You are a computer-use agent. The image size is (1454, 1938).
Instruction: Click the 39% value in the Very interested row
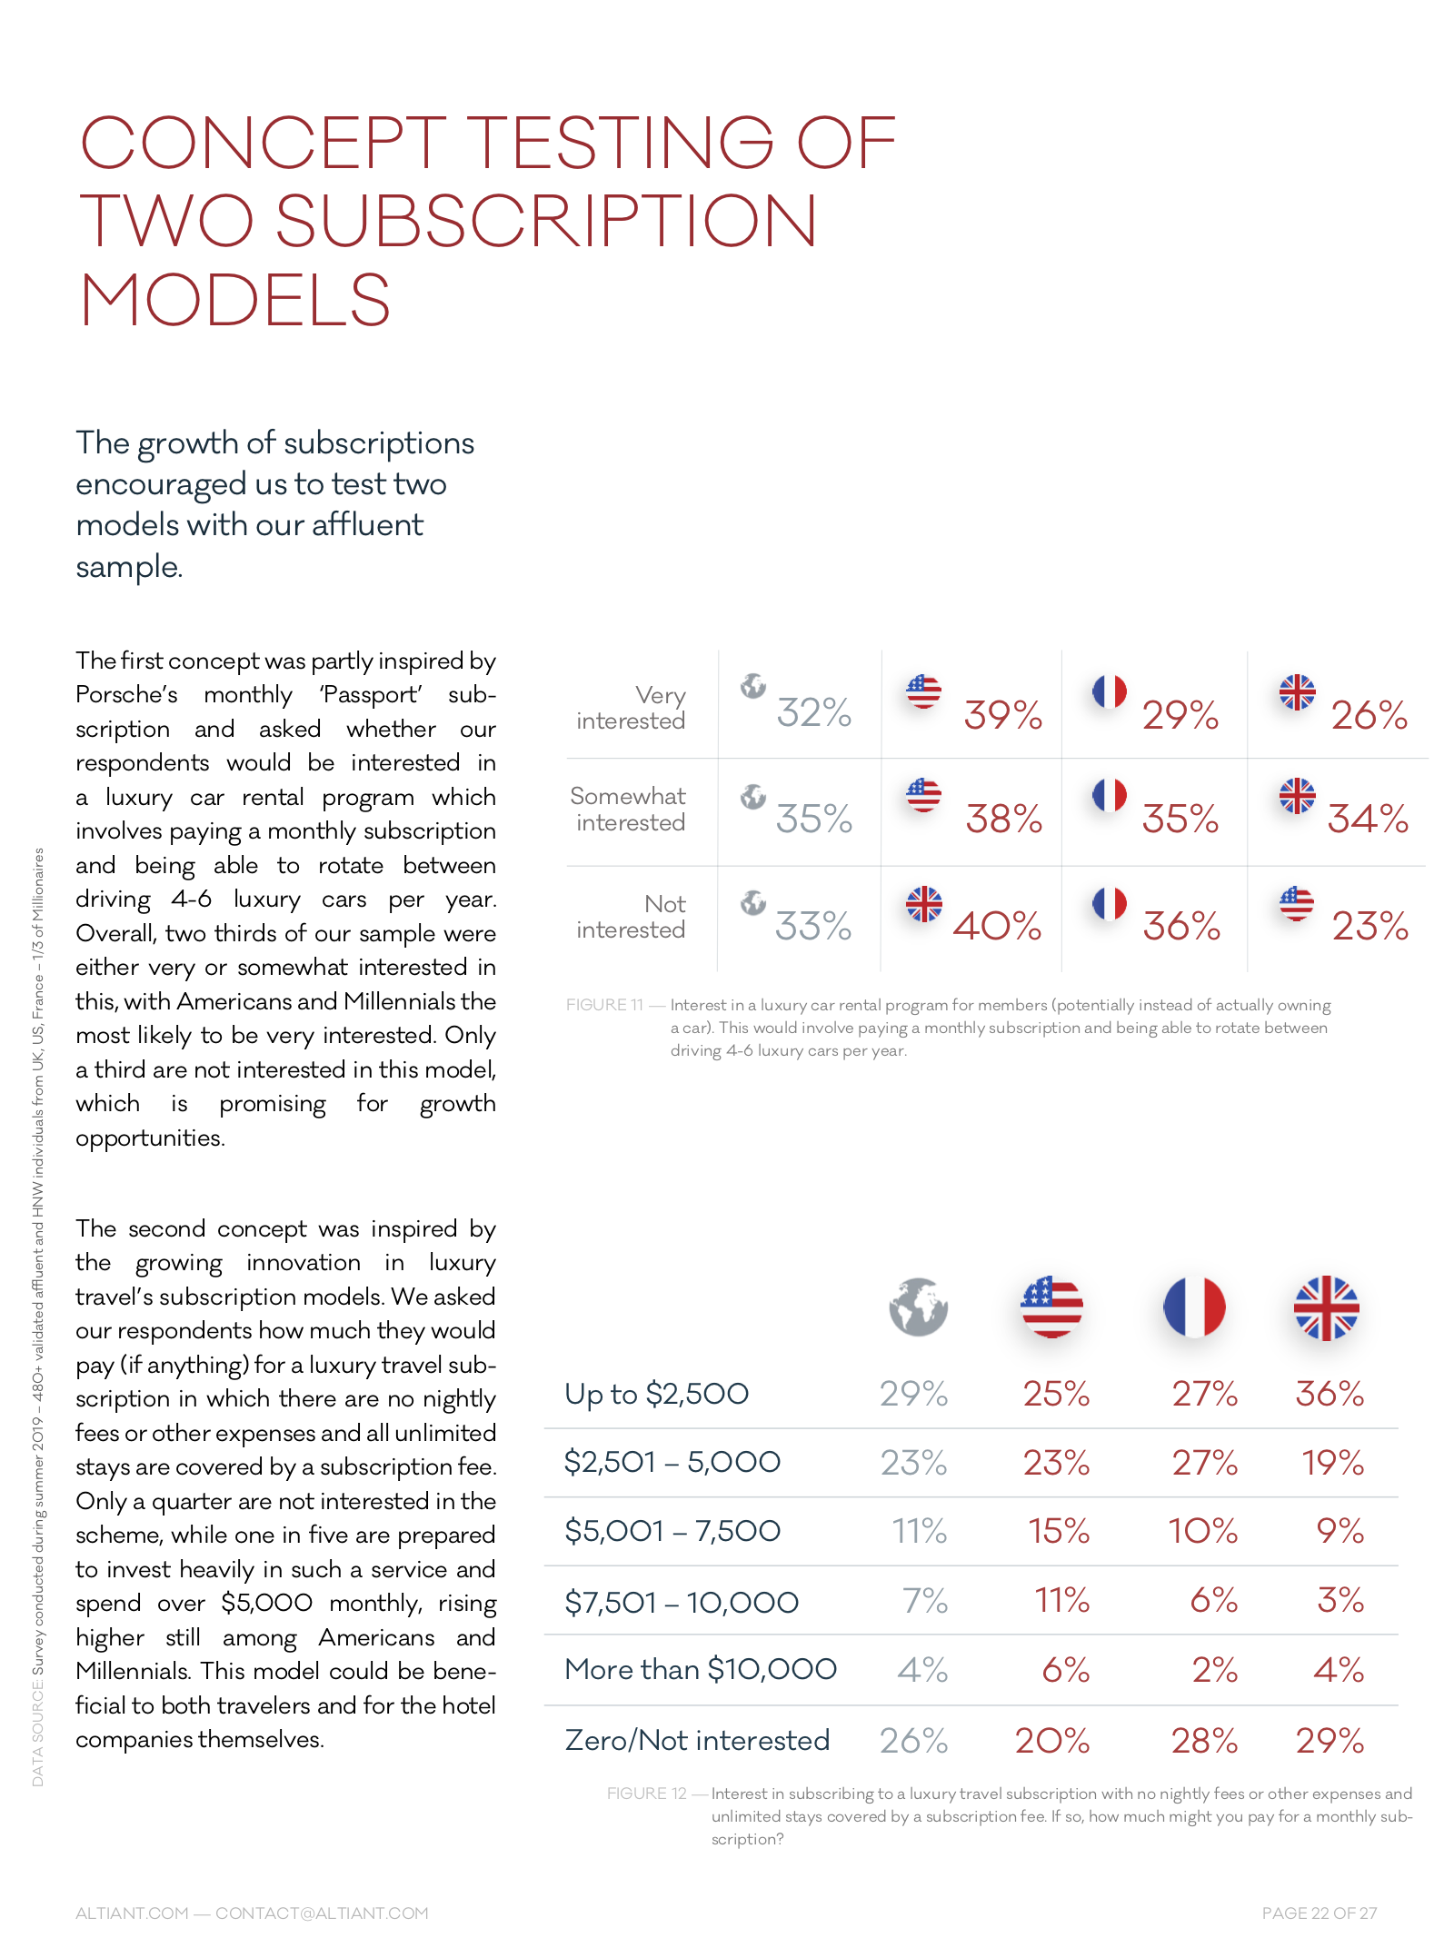click(x=1002, y=715)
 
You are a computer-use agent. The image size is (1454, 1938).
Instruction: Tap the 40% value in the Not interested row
click(x=997, y=926)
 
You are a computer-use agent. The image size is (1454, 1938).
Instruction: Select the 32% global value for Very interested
click(x=813, y=713)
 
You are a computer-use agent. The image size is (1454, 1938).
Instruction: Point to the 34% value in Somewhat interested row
click(x=1368, y=819)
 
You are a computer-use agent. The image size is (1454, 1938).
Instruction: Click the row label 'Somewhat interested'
click(x=629, y=809)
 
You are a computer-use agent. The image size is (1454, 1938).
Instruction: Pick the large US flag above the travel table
click(x=1051, y=1307)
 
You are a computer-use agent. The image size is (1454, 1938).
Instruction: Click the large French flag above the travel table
click(x=1194, y=1307)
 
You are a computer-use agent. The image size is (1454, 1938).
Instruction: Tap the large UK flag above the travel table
click(x=1326, y=1307)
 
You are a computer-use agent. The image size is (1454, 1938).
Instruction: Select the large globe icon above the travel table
click(x=918, y=1307)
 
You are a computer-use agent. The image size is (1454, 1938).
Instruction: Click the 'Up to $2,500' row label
click(x=656, y=1394)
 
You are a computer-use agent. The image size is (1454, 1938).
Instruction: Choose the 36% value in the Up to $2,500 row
click(x=1330, y=1394)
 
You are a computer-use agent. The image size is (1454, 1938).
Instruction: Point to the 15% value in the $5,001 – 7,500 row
click(x=1059, y=1531)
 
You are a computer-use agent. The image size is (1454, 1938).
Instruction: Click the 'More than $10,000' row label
click(x=700, y=1669)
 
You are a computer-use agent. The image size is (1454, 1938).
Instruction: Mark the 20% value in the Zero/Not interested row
click(x=1052, y=1741)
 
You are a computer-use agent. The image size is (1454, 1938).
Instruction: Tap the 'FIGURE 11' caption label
click(x=604, y=1005)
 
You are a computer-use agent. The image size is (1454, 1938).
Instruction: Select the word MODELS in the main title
click(x=235, y=301)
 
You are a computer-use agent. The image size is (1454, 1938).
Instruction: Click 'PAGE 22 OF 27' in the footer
click(x=1319, y=1913)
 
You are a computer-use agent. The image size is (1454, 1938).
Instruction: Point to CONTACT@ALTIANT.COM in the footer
click(x=322, y=1913)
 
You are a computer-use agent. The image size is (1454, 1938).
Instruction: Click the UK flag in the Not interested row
click(x=924, y=904)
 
